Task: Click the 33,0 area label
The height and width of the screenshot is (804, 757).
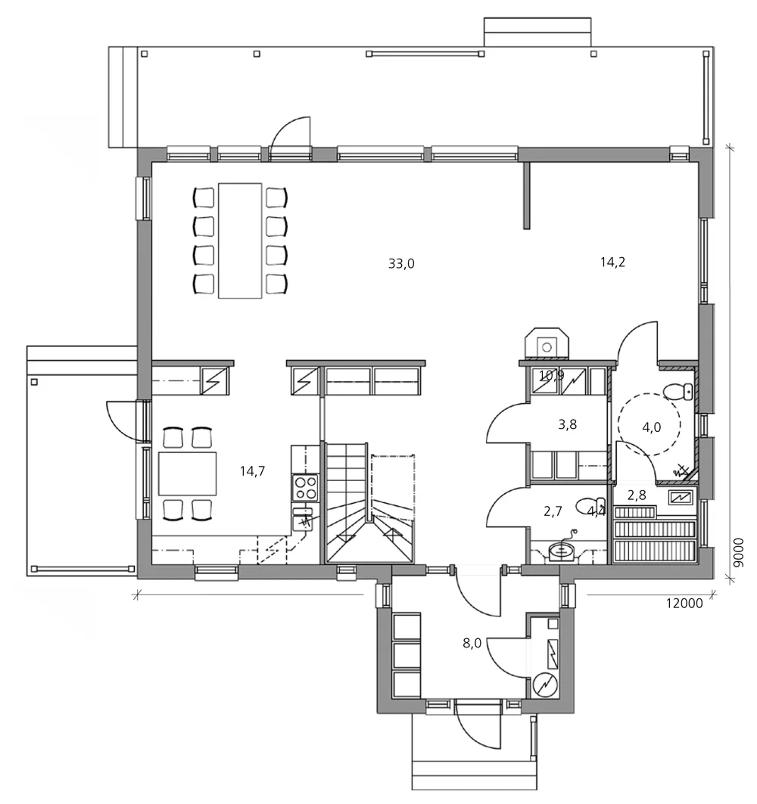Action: [x=401, y=263]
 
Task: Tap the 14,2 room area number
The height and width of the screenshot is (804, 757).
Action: [x=612, y=262]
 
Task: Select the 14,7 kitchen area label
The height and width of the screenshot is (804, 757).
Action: [x=252, y=471]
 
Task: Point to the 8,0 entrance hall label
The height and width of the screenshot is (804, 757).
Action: [x=472, y=644]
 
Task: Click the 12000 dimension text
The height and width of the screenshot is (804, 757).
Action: [x=684, y=603]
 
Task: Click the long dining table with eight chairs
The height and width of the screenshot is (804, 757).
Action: [x=240, y=241]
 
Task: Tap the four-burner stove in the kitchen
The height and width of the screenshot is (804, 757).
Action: [x=305, y=486]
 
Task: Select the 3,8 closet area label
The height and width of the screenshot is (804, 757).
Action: [x=568, y=424]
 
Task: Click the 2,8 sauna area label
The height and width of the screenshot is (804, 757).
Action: [x=637, y=495]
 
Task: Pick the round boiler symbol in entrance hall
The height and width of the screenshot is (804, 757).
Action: [x=545, y=683]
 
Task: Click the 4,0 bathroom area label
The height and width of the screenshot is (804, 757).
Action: [x=652, y=427]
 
